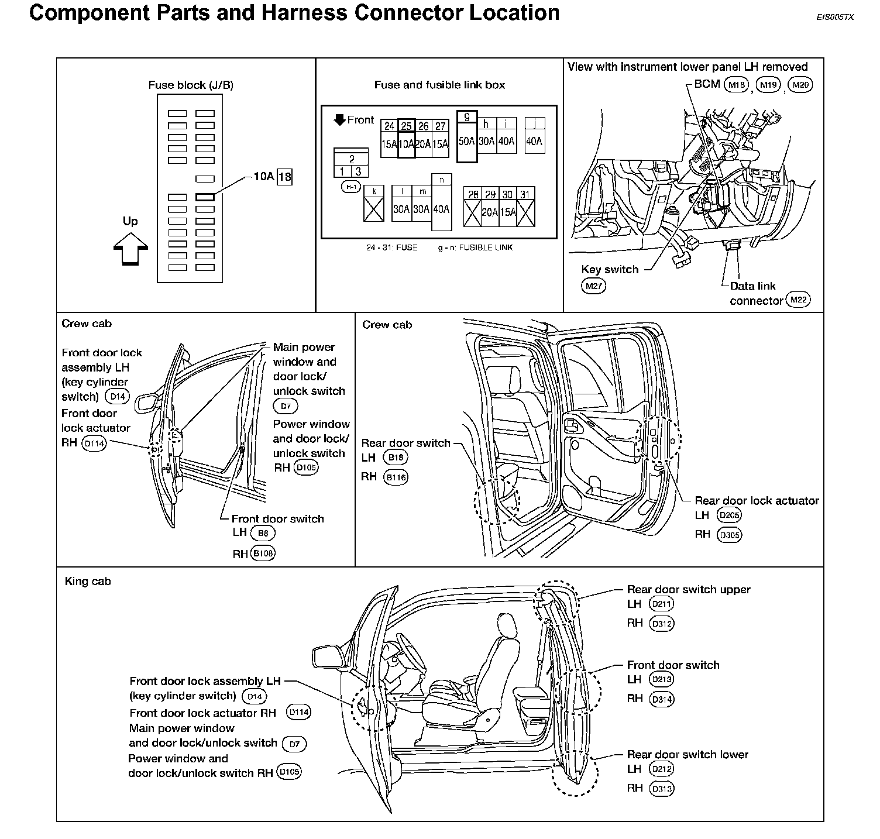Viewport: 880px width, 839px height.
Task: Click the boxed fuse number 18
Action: coord(284,177)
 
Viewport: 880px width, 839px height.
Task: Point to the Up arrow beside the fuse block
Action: coord(130,249)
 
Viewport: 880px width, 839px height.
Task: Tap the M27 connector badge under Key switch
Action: coord(593,286)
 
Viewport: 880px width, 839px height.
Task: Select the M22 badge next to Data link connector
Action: coord(798,300)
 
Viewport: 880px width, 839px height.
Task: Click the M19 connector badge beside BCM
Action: coord(768,85)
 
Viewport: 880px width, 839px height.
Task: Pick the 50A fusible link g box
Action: coord(467,136)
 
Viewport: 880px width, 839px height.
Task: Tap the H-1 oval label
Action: coord(352,187)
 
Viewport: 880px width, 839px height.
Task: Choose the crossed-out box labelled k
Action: coord(374,204)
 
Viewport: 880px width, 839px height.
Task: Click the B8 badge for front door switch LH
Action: coord(263,533)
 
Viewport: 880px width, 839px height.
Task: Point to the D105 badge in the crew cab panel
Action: coord(305,468)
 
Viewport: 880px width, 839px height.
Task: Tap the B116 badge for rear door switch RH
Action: coord(396,477)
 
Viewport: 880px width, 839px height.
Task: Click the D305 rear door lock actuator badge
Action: coord(729,535)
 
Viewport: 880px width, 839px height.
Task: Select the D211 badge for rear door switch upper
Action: coord(662,604)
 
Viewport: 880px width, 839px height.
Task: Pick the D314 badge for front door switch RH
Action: coord(662,699)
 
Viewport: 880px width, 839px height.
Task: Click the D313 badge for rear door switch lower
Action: coord(662,789)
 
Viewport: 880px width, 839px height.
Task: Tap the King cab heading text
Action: coord(88,582)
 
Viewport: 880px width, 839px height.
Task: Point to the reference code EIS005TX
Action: coord(836,18)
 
